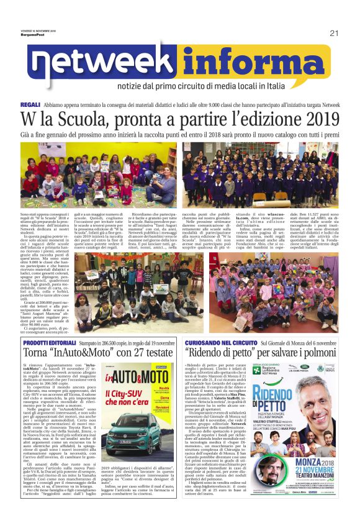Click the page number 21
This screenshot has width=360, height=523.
click(x=333, y=34)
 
